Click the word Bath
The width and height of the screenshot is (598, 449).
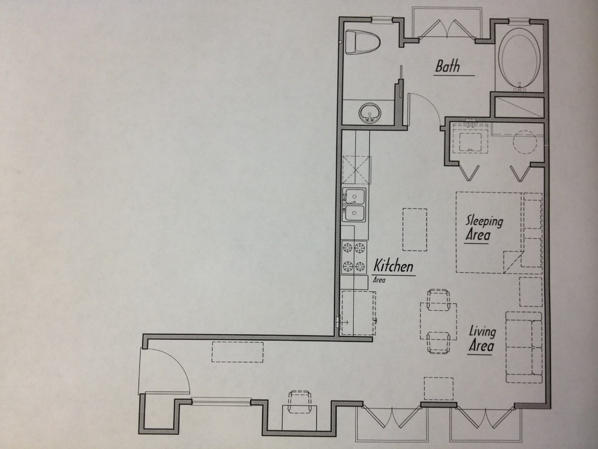(448, 66)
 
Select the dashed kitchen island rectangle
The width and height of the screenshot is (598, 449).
(415, 229)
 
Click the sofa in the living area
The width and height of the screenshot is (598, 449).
(524, 347)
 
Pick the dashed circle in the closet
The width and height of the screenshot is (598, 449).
(524, 142)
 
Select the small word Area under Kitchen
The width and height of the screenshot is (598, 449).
(379, 280)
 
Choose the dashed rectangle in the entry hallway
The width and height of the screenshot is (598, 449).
(238, 352)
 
